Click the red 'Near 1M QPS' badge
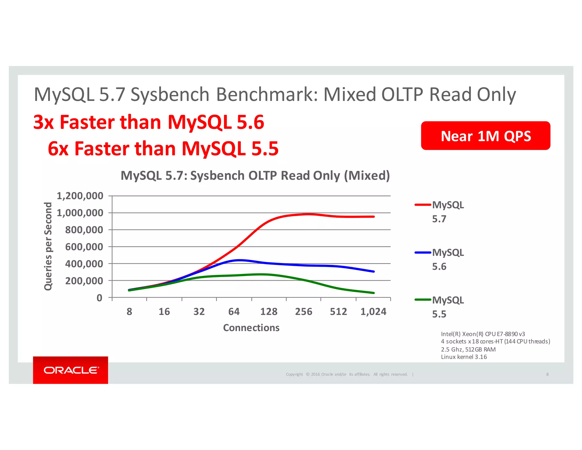coord(485,136)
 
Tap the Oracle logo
coord(70,370)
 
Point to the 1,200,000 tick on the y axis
coord(80,196)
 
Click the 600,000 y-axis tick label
coord(84,247)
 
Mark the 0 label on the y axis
coord(99,298)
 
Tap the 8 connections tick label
coord(129,312)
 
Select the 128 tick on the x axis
coord(269,312)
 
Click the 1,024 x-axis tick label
coord(373,312)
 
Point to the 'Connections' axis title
coord(251,328)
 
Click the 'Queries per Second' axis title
coord(48,246)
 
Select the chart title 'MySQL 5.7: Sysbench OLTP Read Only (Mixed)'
coord(255,176)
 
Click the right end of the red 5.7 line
coord(374,217)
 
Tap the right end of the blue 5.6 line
coord(374,271)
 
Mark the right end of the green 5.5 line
coord(374,293)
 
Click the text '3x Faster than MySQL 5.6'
coord(149,122)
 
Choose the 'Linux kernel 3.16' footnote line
coord(464,357)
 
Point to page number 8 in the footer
coord(547,374)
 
